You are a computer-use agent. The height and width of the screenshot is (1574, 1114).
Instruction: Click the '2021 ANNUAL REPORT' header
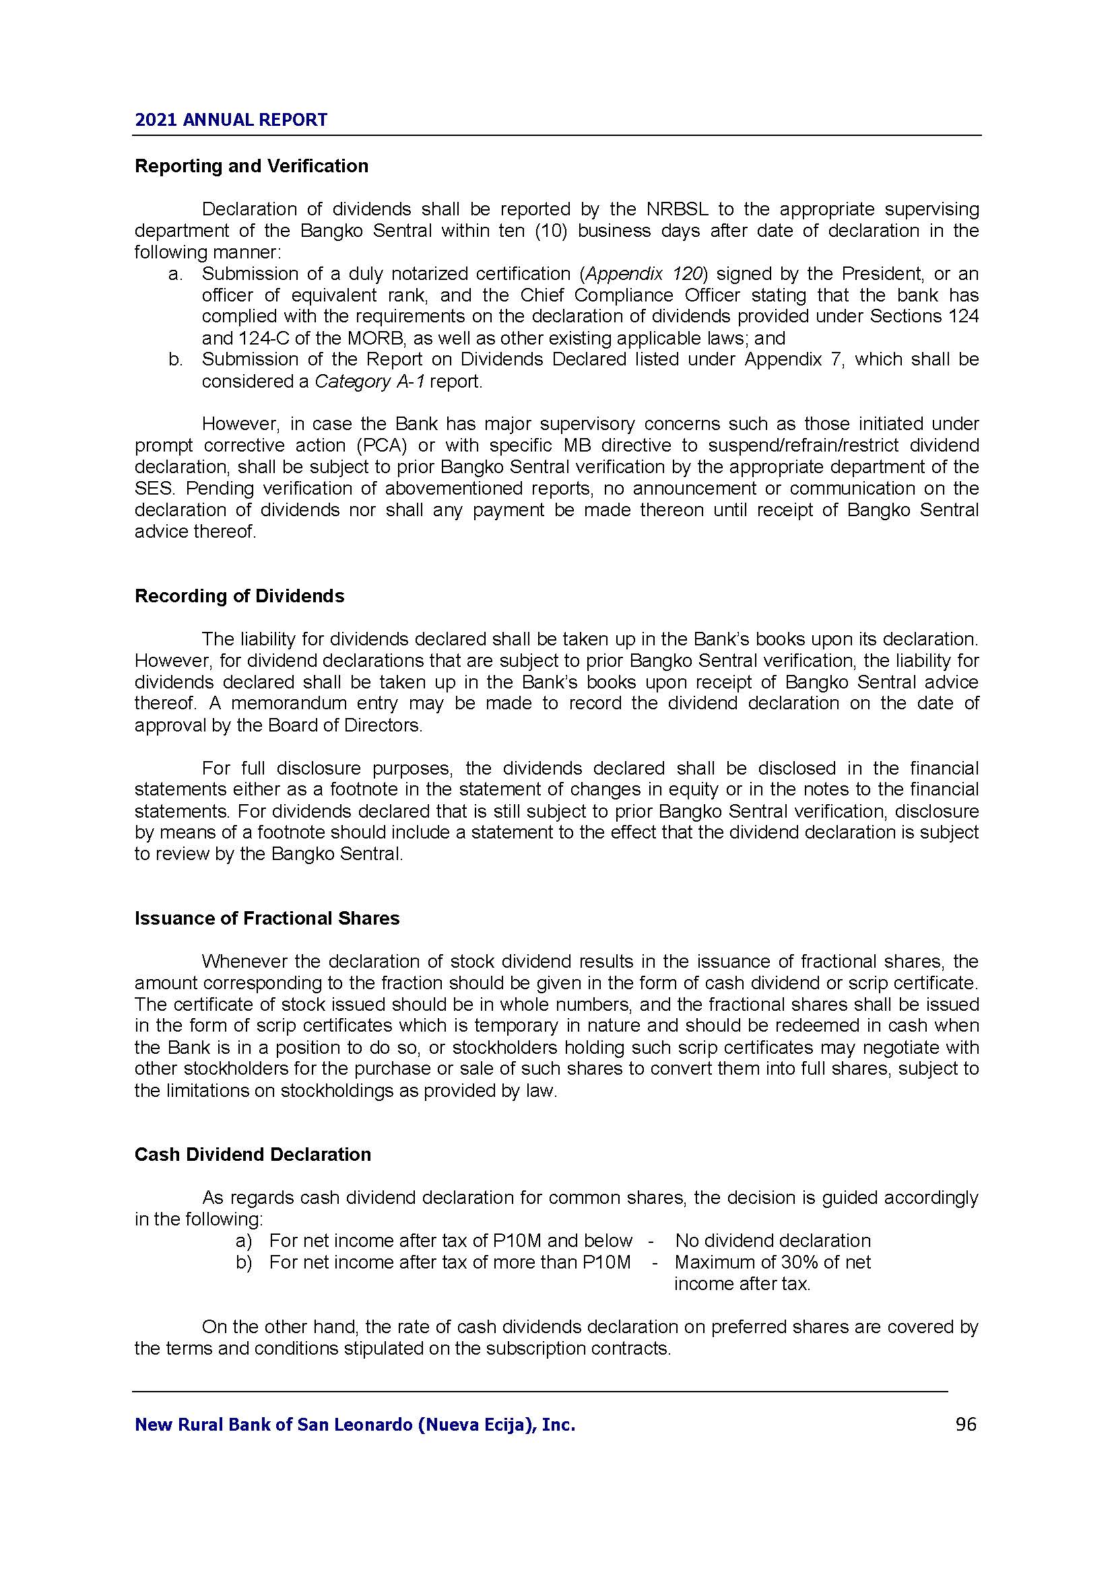point(230,120)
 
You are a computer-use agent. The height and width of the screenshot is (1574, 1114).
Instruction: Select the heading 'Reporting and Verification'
point(251,166)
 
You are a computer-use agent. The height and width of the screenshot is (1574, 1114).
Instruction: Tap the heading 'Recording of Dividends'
point(239,596)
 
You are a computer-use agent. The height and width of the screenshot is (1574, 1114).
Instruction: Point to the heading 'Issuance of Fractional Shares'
point(267,919)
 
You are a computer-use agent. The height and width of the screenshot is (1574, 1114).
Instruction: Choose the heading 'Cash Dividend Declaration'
point(253,1155)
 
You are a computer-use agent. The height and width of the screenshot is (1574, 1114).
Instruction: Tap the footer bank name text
point(355,1425)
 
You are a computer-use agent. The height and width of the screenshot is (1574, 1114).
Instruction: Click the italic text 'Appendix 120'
point(644,273)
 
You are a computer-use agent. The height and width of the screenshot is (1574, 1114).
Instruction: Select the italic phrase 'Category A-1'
point(369,382)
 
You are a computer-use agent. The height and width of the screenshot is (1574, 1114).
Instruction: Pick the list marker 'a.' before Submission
point(175,274)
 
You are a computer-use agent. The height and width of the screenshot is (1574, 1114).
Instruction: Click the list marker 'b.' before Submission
point(175,360)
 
